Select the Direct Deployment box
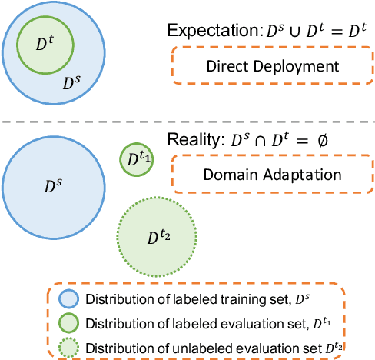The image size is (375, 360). click(x=272, y=65)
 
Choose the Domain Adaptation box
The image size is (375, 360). click(x=272, y=174)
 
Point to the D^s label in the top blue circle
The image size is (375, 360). click(x=69, y=80)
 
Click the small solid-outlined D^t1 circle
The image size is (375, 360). click(x=136, y=159)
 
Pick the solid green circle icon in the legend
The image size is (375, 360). click(x=68, y=322)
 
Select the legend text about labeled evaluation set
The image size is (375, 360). click(x=188, y=322)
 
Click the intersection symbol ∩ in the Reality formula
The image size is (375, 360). click(x=266, y=142)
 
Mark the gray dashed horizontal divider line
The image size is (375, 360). click(x=187, y=122)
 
